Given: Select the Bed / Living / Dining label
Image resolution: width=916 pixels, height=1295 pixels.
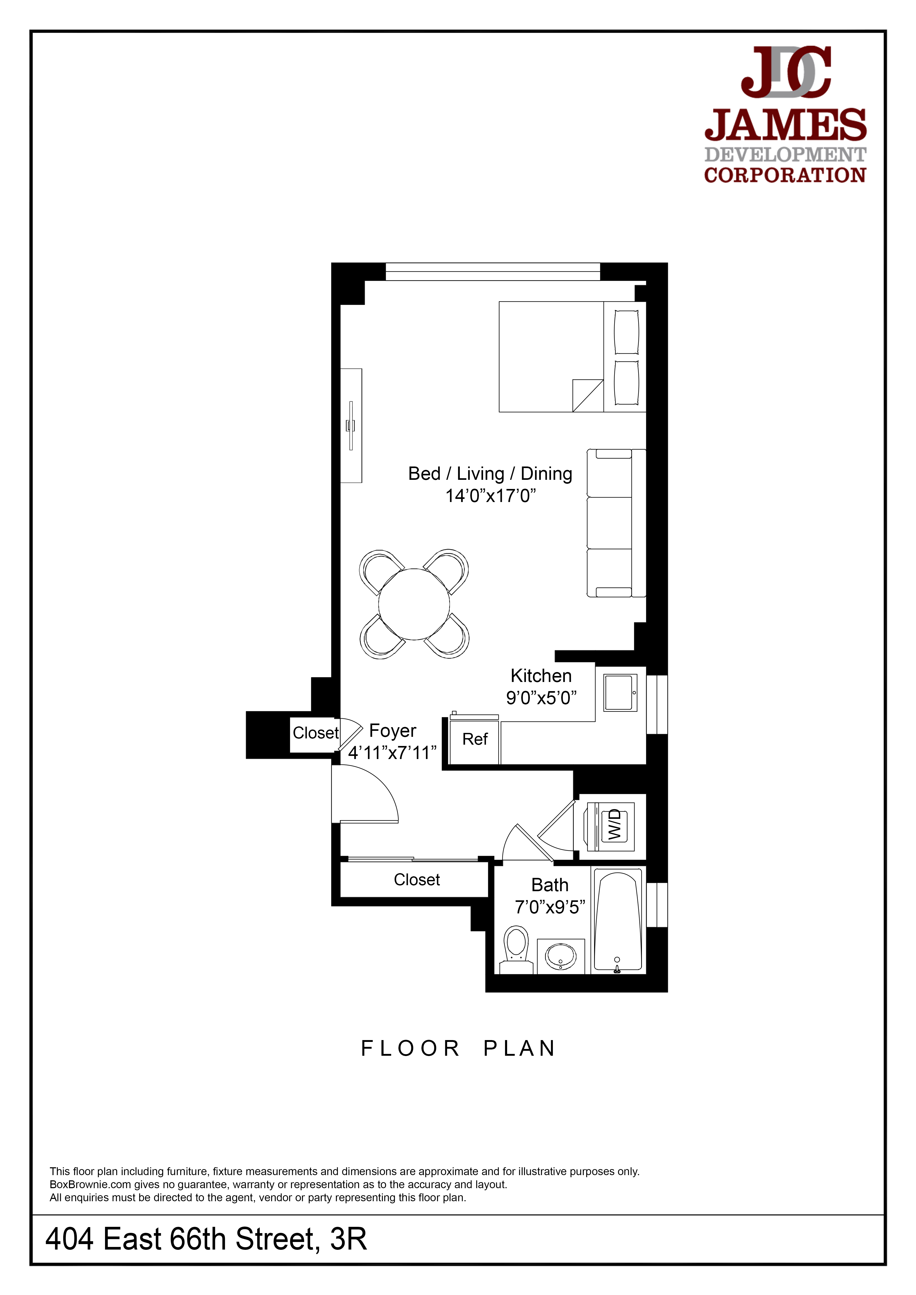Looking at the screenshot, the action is click(x=490, y=474).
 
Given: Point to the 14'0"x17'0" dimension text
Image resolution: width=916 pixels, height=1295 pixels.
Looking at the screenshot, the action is click(x=490, y=496).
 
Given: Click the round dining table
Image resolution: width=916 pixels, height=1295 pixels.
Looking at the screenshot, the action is click(x=414, y=604).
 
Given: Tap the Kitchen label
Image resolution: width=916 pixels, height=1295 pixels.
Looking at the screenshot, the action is click(x=541, y=676).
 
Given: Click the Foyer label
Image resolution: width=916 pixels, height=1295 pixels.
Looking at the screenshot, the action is click(x=393, y=731).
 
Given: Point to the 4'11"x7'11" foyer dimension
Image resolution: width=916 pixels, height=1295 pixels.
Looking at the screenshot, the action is click(x=392, y=752).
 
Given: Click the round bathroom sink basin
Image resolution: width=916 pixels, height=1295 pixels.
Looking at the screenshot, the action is click(x=561, y=956).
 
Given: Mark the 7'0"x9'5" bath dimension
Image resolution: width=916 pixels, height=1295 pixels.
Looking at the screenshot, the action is click(x=550, y=907).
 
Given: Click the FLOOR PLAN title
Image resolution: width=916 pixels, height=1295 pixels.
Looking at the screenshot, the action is click(x=458, y=1048).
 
